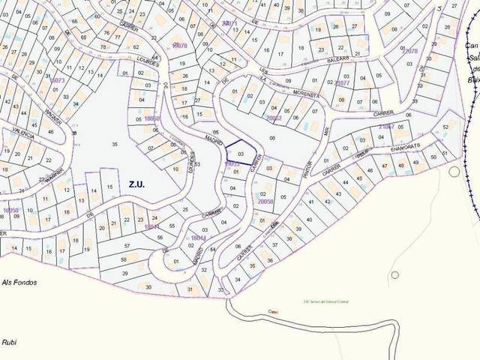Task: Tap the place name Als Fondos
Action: point(18,282)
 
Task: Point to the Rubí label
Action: point(10,341)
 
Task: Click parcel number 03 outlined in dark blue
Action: point(241,152)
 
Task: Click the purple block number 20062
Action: point(273,118)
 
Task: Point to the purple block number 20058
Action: point(266,201)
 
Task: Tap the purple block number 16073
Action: point(58,79)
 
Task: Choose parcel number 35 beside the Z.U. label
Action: point(115,143)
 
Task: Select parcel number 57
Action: point(127,246)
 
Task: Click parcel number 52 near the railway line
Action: point(445,127)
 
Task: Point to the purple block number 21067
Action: point(385,127)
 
